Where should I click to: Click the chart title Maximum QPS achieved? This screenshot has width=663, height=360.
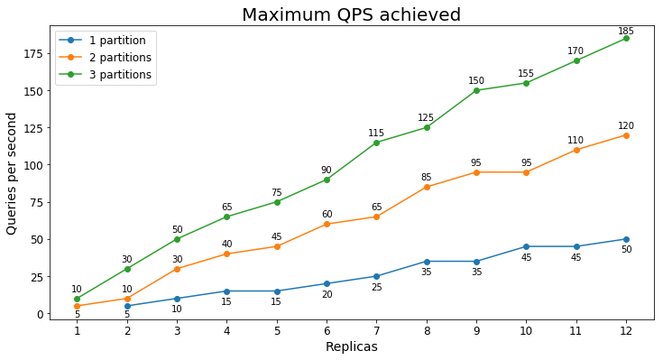point(351,14)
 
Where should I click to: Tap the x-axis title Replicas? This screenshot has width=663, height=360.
point(351,347)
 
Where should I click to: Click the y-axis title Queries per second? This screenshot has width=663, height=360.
point(12,173)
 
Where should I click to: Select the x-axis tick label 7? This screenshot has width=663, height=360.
point(376,331)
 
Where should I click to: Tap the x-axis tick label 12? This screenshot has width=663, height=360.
point(626,331)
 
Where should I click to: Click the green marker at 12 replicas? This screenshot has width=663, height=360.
point(626,38)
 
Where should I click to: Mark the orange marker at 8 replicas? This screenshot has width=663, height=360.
point(426,187)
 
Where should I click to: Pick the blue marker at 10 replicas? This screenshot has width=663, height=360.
point(526,246)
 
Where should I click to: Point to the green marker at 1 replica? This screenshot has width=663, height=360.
point(77,299)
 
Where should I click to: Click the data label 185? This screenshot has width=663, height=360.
point(626,32)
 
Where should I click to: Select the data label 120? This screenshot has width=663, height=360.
point(626,126)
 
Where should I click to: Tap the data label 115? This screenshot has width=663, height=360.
point(376,134)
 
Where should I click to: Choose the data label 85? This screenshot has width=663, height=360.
point(426,178)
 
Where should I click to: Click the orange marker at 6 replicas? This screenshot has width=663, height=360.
point(327,224)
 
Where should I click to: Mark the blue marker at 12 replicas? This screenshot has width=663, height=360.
point(626,239)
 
